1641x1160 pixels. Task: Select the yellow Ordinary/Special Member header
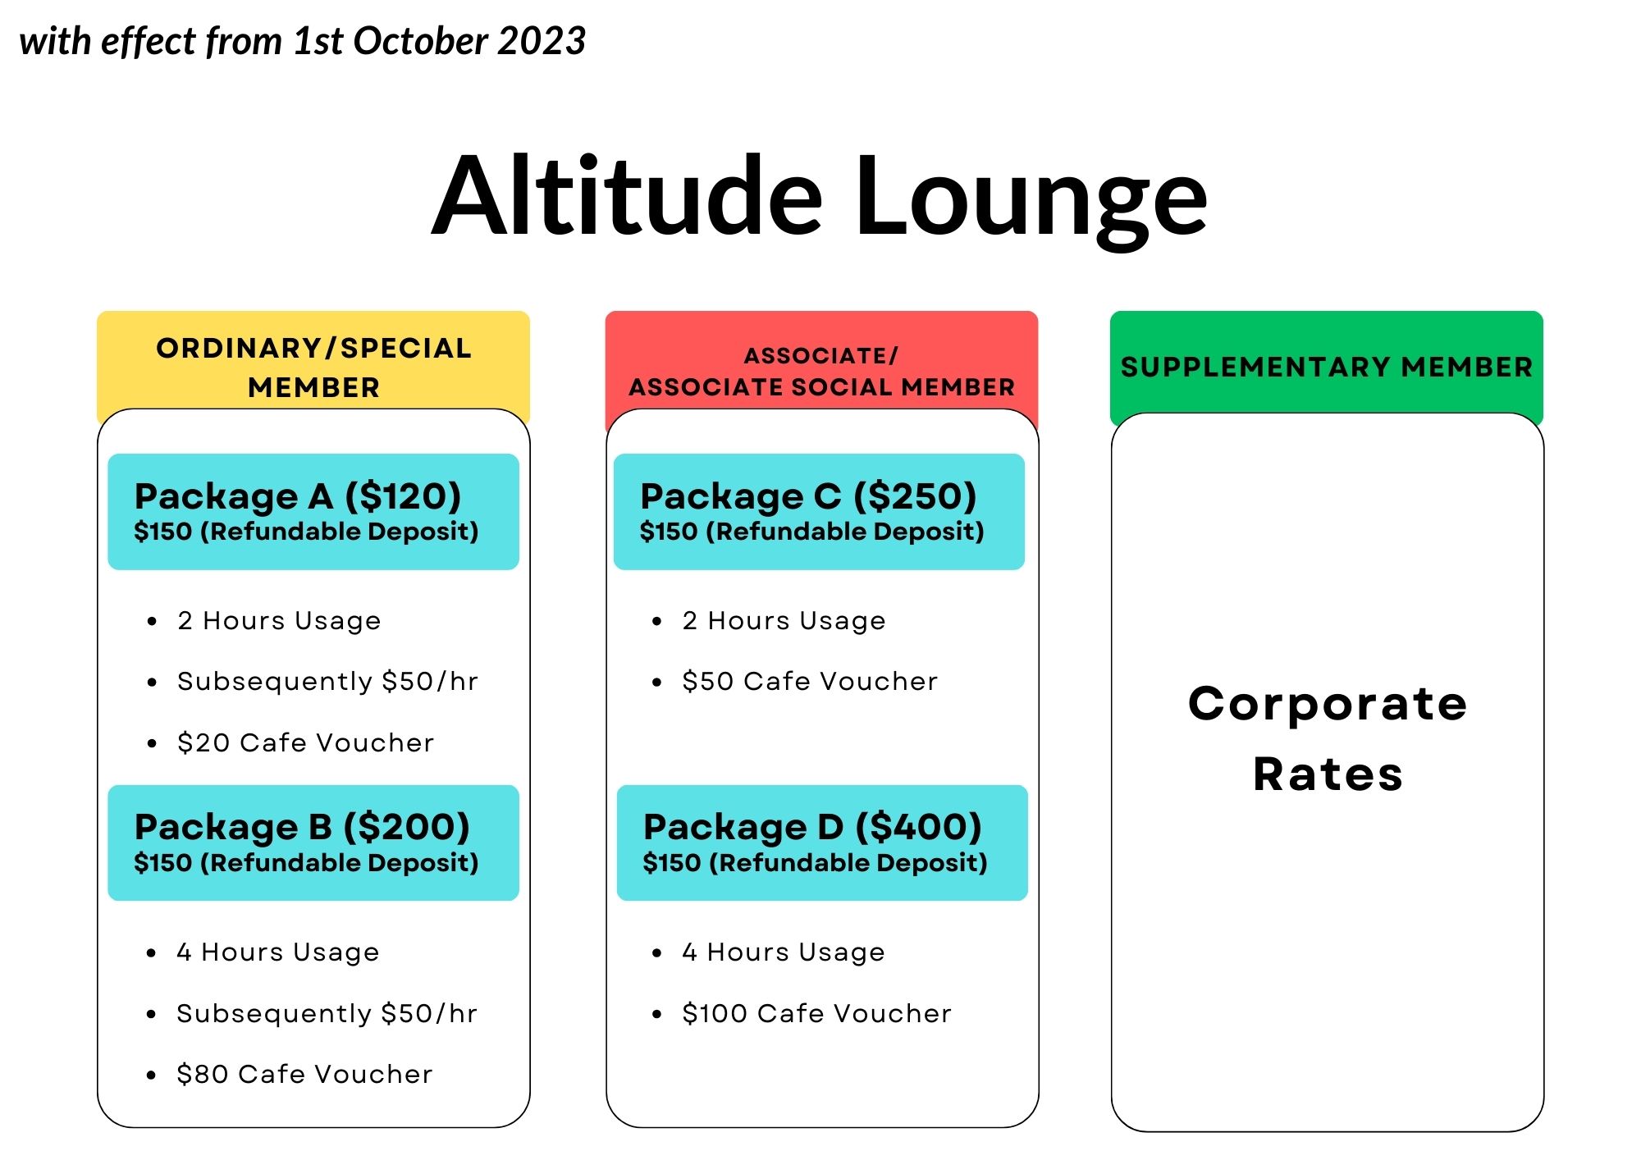click(x=313, y=367)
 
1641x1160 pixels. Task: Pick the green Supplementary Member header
click(x=1327, y=367)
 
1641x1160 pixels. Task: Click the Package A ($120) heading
click(x=298, y=496)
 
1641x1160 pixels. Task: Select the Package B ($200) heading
click(x=302, y=827)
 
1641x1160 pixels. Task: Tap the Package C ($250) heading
click(x=808, y=496)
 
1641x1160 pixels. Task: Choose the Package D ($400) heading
click(x=812, y=827)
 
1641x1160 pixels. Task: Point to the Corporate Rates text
click(x=1328, y=738)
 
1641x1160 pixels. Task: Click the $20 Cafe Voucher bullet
click(x=305, y=742)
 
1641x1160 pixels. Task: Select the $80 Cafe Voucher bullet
click(x=304, y=1074)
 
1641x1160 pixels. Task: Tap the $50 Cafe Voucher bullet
click(x=810, y=681)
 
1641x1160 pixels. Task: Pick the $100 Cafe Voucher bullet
click(x=816, y=1013)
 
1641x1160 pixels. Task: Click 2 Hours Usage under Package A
click(x=279, y=621)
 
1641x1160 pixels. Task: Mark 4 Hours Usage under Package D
click(x=784, y=952)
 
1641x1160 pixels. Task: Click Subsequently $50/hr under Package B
click(x=327, y=1013)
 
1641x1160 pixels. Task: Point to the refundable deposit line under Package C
click(x=812, y=532)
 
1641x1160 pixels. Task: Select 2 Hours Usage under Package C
click(x=784, y=621)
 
